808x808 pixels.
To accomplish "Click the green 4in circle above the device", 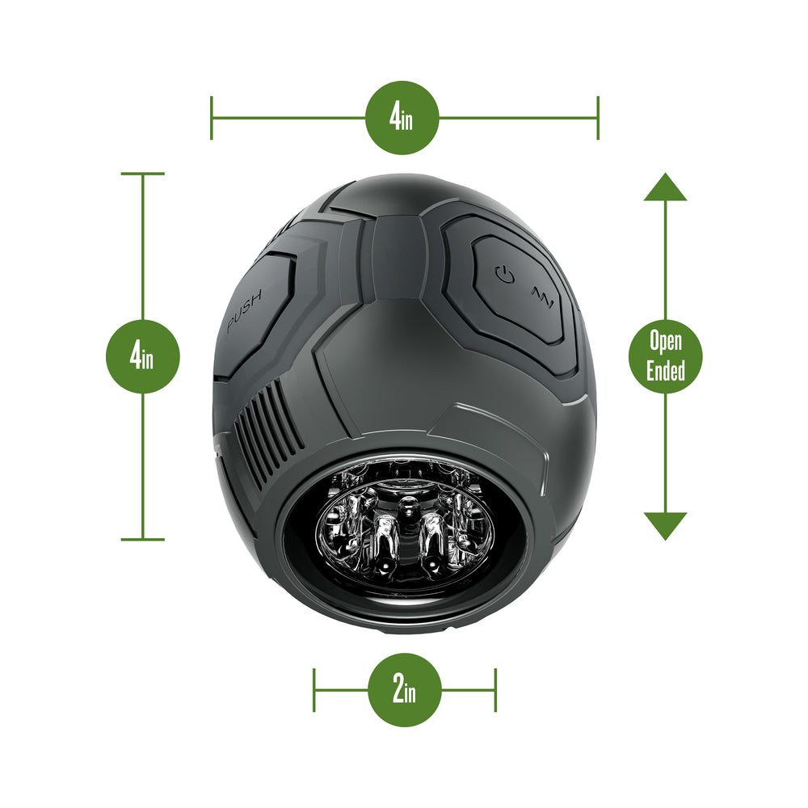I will click(402, 118).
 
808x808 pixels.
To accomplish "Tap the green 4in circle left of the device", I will click(143, 356).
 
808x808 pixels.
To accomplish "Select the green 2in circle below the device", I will click(405, 690).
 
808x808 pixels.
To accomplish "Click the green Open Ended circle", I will click(666, 356).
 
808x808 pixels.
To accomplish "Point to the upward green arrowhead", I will click(665, 187).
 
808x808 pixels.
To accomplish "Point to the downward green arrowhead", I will click(665, 525).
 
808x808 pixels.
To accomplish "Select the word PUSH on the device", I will click(244, 313).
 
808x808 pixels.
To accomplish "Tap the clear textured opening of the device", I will click(404, 533).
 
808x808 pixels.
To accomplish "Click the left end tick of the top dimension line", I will click(212, 118).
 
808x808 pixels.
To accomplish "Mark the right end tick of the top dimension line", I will click(598, 118).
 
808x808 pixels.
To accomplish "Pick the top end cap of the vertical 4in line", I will click(143, 174).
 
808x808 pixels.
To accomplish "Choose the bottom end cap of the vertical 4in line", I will click(143, 539).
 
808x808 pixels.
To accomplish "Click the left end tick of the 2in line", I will click(314, 690).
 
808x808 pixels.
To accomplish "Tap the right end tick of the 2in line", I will click(495, 690).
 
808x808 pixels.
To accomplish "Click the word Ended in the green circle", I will click(667, 370).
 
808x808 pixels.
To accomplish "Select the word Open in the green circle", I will click(666, 342).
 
